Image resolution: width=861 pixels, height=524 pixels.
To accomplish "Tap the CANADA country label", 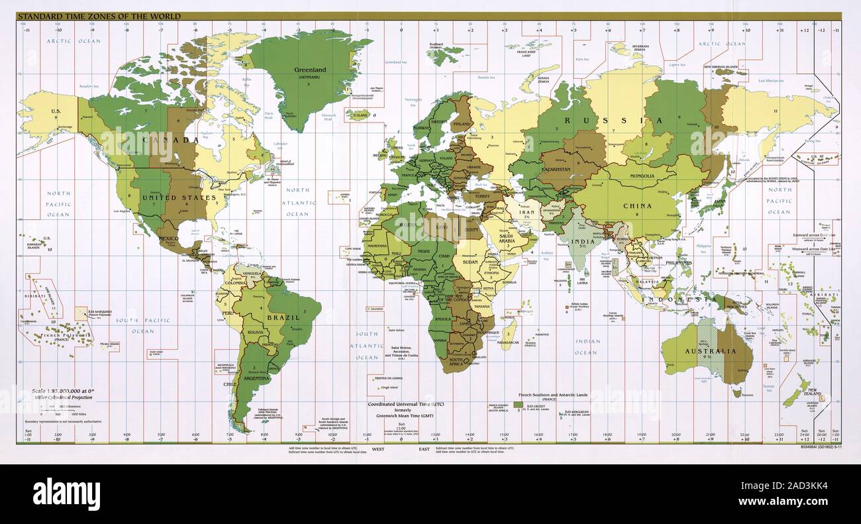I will click(x=177, y=140).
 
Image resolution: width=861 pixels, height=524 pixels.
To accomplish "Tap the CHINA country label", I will click(x=636, y=206).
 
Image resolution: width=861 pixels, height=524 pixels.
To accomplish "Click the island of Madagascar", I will click(x=509, y=332).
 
